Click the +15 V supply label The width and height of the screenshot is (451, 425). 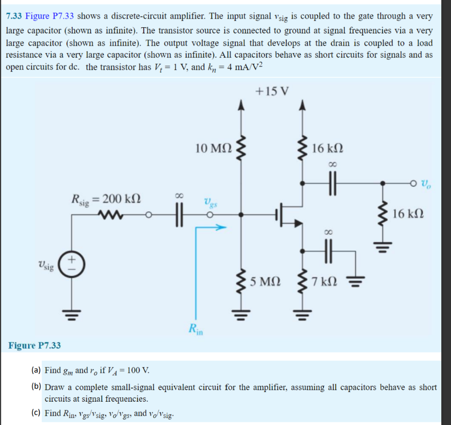(x=272, y=92)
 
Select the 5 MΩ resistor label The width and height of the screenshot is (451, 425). (x=266, y=281)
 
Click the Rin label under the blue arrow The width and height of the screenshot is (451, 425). (x=194, y=329)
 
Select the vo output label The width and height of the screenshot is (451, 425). (x=426, y=183)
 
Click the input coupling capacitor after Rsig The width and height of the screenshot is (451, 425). (x=178, y=215)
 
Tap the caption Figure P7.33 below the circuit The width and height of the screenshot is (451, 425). (x=34, y=345)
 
